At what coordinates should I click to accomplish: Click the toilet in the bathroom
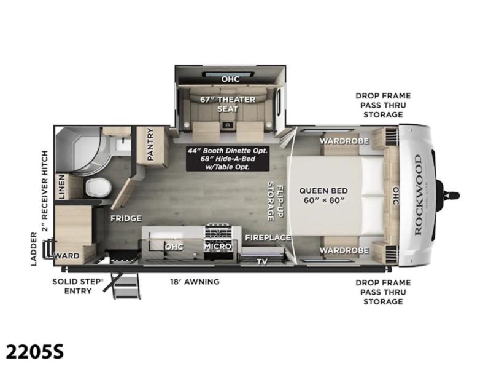pyautogui.click(x=98, y=188)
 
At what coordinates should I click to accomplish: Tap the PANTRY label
pyautogui.click(x=150, y=145)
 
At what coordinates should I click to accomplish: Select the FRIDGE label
pyautogui.click(x=126, y=218)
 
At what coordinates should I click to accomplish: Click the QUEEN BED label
pyautogui.click(x=323, y=191)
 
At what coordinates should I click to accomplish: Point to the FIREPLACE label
pyautogui.click(x=268, y=238)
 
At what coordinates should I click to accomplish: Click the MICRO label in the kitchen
pyautogui.click(x=218, y=247)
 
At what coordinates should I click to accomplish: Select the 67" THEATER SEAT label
pyautogui.click(x=228, y=104)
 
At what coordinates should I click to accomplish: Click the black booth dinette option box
pyautogui.click(x=228, y=159)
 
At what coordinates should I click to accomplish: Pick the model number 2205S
pyautogui.click(x=35, y=351)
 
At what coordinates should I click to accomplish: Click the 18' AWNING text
pyautogui.click(x=195, y=282)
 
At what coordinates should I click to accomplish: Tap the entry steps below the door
pyautogui.click(x=125, y=285)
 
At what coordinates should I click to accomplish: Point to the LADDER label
pyautogui.click(x=34, y=249)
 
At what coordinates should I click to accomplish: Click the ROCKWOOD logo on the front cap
pyautogui.click(x=418, y=195)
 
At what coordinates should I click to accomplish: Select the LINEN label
pyautogui.click(x=61, y=187)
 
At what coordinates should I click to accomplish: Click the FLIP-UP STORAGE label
pyautogui.click(x=276, y=201)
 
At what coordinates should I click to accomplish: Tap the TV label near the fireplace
pyautogui.click(x=262, y=261)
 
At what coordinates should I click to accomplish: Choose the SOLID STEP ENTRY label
pyautogui.click(x=78, y=286)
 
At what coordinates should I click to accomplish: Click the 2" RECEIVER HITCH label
pyautogui.click(x=45, y=191)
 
